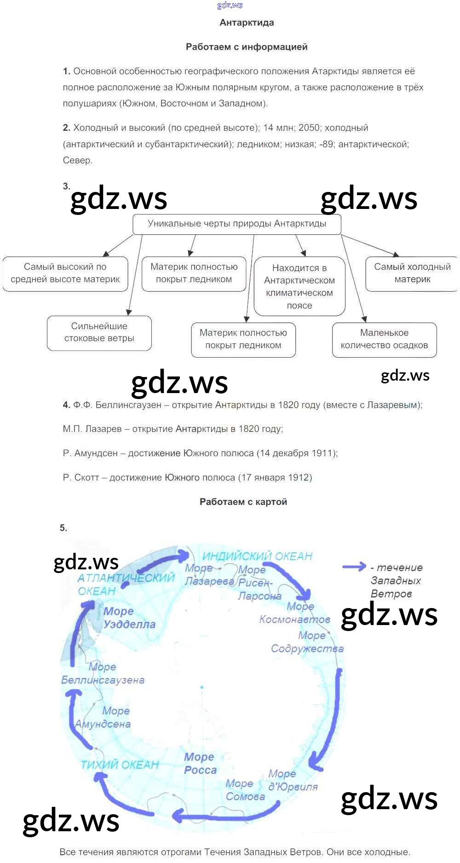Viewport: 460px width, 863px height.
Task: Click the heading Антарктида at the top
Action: (x=247, y=23)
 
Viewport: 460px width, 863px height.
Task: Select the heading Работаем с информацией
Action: (x=247, y=47)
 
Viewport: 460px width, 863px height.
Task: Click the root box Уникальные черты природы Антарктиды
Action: (x=236, y=224)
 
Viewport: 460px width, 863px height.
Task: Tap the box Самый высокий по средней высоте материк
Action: (x=65, y=273)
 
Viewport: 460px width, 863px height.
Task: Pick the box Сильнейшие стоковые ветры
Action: (x=99, y=333)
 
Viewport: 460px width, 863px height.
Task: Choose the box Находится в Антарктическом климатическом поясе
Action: (x=299, y=286)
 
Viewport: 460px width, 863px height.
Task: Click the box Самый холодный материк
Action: (x=412, y=273)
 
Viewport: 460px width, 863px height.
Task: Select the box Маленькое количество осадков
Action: (x=384, y=339)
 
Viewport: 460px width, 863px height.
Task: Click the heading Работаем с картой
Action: (x=243, y=502)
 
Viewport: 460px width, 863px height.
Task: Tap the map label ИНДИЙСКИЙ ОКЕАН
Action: (x=257, y=556)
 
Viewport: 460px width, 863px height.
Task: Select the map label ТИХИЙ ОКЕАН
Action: (x=120, y=765)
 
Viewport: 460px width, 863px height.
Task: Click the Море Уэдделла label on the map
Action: (x=129, y=618)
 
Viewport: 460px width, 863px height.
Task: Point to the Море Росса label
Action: (x=200, y=764)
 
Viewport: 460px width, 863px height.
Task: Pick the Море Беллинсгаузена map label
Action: (x=103, y=673)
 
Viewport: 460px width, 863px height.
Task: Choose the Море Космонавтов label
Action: (x=295, y=613)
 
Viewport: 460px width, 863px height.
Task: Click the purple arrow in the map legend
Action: (x=354, y=567)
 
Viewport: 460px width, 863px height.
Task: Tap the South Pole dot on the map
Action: (x=201, y=687)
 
